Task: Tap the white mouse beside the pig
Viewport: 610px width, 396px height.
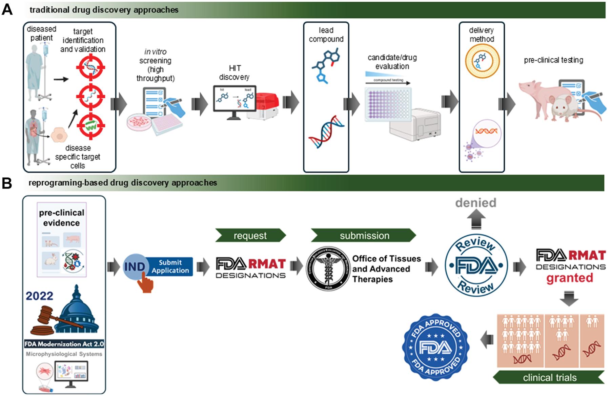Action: click(x=564, y=108)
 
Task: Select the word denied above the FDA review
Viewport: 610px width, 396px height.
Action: click(x=475, y=203)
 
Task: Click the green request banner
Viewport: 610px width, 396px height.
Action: click(x=250, y=235)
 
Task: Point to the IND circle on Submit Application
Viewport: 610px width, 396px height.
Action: click(x=134, y=266)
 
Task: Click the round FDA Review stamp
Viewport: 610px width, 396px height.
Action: click(x=476, y=265)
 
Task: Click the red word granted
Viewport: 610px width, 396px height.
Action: click(x=569, y=278)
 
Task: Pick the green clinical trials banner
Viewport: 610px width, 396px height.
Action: click(x=549, y=377)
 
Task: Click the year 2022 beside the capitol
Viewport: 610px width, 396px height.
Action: click(x=39, y=296)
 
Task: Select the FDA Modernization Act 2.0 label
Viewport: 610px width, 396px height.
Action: click(x=64, y=344)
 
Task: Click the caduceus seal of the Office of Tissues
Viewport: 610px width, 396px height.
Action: click(x=328, y=269)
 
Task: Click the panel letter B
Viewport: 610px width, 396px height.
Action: click(x=7, y=183)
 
